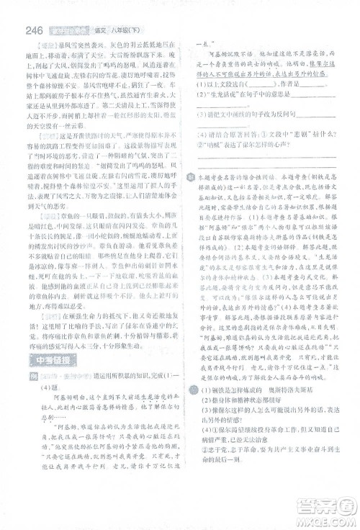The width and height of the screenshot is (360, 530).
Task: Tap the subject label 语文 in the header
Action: click(x=96, y=30)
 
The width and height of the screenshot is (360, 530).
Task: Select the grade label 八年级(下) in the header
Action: click(x=122, y=30)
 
